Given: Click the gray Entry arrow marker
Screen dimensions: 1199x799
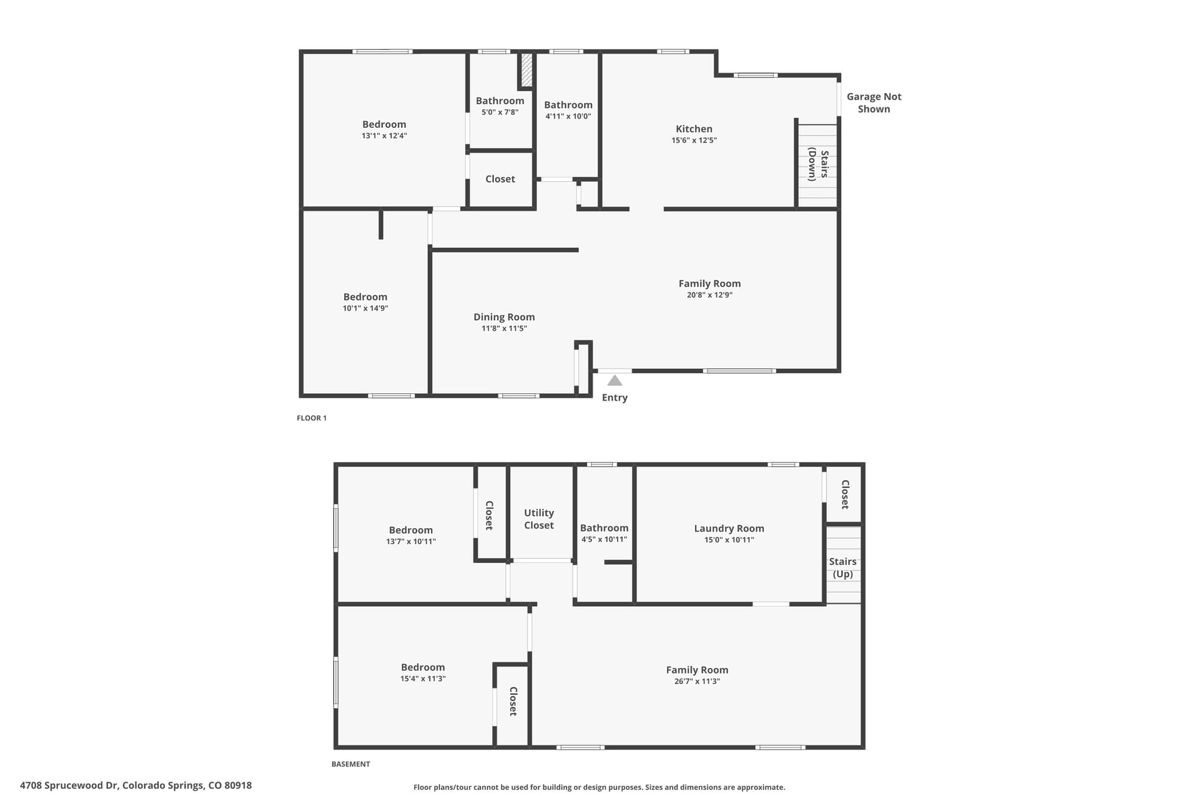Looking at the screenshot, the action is pos(614,380).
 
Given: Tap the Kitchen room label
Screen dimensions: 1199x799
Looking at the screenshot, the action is pos(694,129).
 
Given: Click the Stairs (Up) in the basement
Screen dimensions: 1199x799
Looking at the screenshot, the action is pos(844,565).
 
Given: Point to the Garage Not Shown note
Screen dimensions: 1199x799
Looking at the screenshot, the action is pos(874,102).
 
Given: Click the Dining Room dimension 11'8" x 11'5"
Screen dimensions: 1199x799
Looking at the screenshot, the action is pos(504,328).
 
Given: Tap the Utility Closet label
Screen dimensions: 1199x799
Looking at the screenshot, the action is pos(539,519).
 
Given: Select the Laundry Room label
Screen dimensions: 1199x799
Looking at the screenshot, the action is pos(729,528).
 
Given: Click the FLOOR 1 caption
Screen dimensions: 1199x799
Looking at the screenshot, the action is pos(312,418).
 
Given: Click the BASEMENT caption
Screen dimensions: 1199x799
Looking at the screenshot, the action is pos(350,764).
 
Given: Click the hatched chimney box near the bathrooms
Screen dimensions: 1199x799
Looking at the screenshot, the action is pos(526,70).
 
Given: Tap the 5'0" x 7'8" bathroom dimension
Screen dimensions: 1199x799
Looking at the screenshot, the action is pos(500,112).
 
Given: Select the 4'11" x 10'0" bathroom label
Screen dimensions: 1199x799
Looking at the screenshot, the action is pos(568,110).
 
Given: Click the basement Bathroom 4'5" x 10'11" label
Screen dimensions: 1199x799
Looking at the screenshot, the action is pos(604,533).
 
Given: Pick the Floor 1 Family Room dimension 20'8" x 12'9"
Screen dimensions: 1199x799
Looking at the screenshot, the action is pos(709,295).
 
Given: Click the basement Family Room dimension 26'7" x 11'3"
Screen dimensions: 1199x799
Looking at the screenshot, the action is pos(697,681).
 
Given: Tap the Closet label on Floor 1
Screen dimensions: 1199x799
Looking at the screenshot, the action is pos(500,179).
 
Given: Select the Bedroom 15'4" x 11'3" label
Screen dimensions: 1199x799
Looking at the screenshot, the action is pos(423,672).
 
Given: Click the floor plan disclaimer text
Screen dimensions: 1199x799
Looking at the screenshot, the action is pos(599,787).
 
